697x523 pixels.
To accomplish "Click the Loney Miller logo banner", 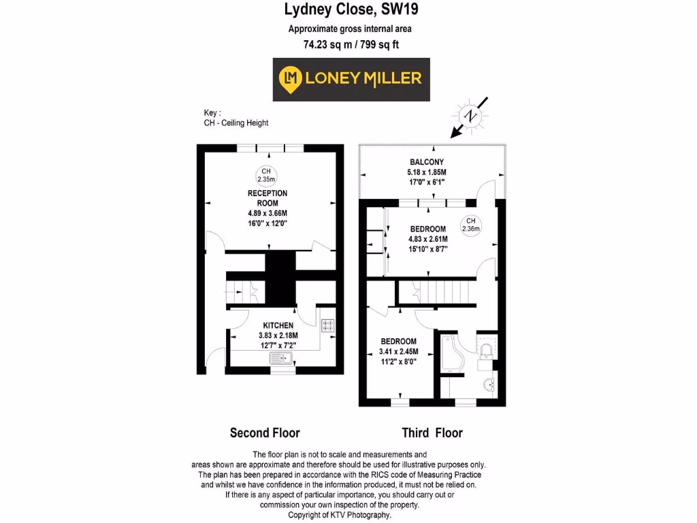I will click(x=351, y=79).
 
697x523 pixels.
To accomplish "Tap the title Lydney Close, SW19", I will click(x=351, y=10).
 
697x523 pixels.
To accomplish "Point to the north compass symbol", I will click(x=470, y=116).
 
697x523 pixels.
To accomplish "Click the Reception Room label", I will click(x=267, y=198).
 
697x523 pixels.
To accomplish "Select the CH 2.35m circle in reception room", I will click(x=265, y=175).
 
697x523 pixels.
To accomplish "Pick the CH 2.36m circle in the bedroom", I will click(x=470, y=225).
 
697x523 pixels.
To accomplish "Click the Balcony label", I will click(x=427, y=161).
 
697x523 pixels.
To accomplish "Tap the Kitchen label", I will click(x=278, y=326).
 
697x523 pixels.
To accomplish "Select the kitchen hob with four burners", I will click(x=328, y=326).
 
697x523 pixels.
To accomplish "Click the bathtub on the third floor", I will click(x=451, y=352).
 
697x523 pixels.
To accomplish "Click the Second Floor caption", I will click(x=265, y=432).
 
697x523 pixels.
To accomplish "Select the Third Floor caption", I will click(x=432, y=432).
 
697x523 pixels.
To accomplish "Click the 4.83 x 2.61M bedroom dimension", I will click(x=427, y=239).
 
